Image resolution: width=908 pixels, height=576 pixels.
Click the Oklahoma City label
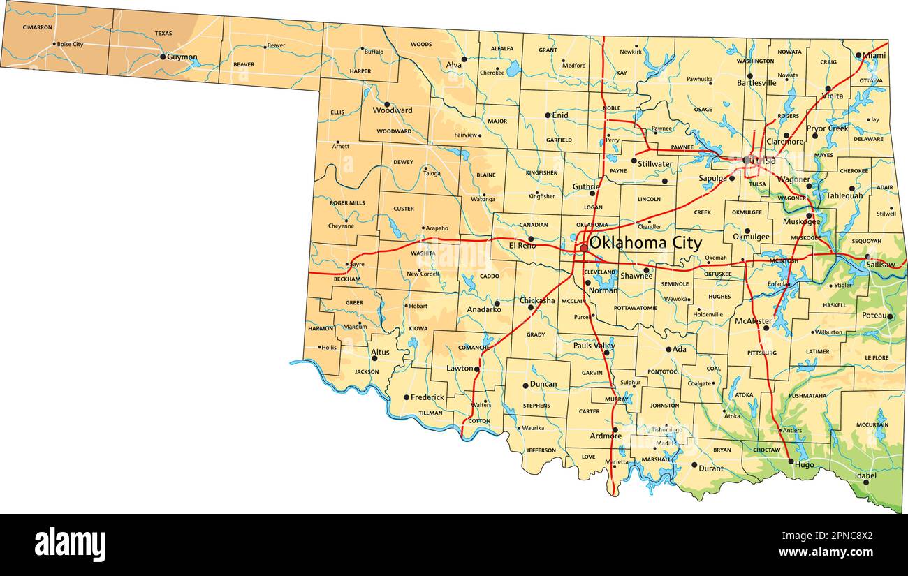click(x=645, y=243)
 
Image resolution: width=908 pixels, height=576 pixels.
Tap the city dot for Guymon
click(x=163, y=57)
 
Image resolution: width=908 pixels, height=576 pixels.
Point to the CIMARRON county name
click(x=37, y=27)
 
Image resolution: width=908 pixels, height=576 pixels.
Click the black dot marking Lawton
click(x=477, y=369)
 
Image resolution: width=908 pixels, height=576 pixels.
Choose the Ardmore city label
click(x=605, y=436)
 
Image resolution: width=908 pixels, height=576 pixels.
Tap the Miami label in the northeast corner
click(x=874, y=55)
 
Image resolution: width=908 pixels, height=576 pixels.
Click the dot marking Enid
click(x=547, y=115)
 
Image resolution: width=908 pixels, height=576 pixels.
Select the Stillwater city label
click(x=654, y=164)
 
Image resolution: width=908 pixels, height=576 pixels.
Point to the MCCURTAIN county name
click(x=872, y=424)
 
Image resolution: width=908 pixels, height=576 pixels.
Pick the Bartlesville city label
click(x=756, y=83)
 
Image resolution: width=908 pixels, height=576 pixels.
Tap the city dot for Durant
click(x=694, y=464)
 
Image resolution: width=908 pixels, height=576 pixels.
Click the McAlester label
click(x=753, y=321)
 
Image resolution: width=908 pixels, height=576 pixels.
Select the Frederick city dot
click(x=407, y=397)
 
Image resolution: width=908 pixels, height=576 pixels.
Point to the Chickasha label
click(x=537, y=300)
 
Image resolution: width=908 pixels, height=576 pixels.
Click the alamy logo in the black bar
click(x=71, y=544)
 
